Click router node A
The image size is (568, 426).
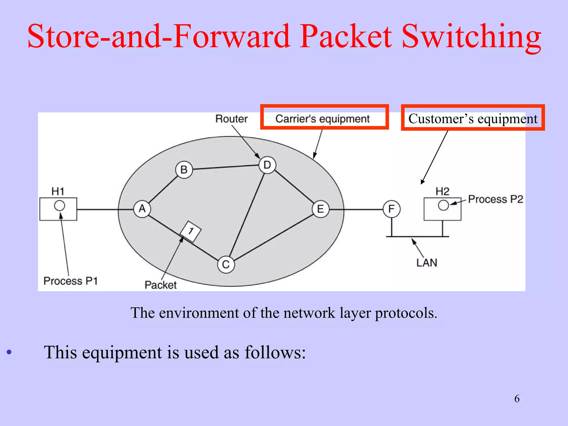[142, 209]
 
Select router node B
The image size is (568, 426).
[184, 169]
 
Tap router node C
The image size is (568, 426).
[226, 264]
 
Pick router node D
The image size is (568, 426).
[267, 165]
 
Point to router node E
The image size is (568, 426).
[320, 209]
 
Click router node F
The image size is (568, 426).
[391, 209]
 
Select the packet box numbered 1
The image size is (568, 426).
[191, 231]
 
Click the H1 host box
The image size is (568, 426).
[58, 209]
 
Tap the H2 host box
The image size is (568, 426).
[442, 209]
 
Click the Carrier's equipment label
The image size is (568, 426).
[322, 119]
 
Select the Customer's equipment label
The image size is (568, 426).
[473, 119]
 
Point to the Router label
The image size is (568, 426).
[231, 119]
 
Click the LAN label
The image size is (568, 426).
[427, 263]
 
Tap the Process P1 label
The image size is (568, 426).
[71, 281]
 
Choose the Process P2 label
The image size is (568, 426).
[495, 199]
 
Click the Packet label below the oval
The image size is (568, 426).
[161, 285]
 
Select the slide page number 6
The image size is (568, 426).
[517, 399]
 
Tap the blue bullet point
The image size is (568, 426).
[9, 353]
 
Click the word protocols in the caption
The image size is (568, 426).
[406, 313]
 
